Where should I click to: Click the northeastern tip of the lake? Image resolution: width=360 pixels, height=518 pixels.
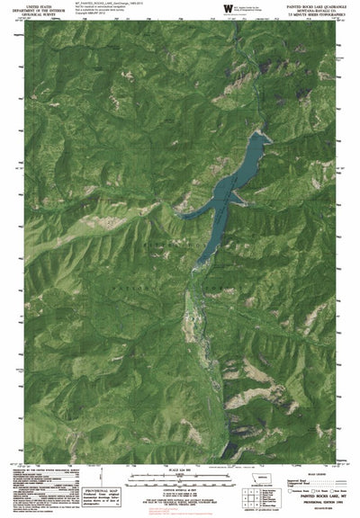tap(264, 112)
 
